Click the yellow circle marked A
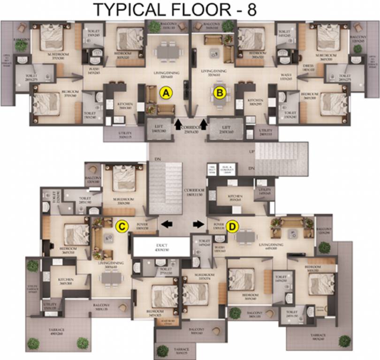tap(165, 93)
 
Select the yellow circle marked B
tap(219, 93)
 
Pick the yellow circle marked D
tap(232, 226)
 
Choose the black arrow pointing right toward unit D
tap(198, 224)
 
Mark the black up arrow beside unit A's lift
tap(178, 124)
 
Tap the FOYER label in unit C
tap(142, 225)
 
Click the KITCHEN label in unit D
tap(235, 196)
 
